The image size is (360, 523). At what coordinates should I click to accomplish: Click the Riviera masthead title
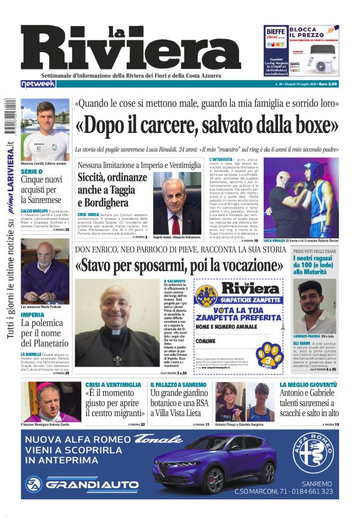pos(130,48)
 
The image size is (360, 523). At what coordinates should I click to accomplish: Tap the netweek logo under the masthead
pos(38,83)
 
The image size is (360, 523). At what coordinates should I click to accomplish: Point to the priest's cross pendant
pos(117,360)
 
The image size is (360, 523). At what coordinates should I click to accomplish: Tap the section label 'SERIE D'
pos(32,171)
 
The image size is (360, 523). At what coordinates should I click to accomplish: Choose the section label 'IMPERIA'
pos(33,315)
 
